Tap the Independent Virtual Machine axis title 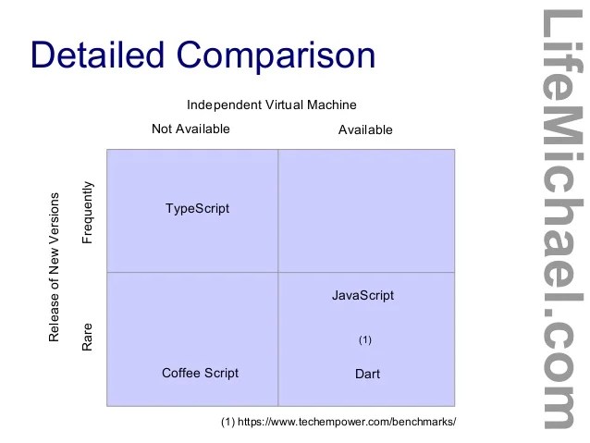click(x=272, y=105)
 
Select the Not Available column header click(x=191, y=129)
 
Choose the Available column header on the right click(x=365, y=129)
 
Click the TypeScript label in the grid click(x=197, y=208)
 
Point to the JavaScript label click(x=363, y=295)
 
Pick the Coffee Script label click(x=200, y=373)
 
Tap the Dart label click(x=367, y=374)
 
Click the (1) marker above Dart click(x=364, y=339)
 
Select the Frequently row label click(x=88, y=212)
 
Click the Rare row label click(x=88, y=338)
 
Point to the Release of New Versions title click(x=54, y=268)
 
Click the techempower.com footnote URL click(x=347, y=421)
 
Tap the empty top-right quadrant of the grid click(x=366, y=211)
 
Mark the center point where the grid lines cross click(x=278, y=272)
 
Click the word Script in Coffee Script click(x=221, y=373)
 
